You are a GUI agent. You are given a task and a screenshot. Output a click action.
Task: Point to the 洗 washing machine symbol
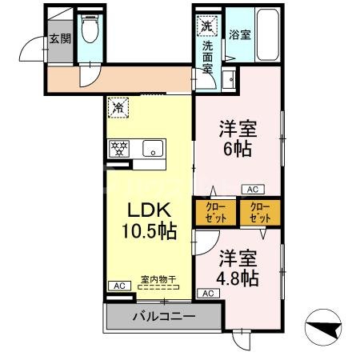[206, 26]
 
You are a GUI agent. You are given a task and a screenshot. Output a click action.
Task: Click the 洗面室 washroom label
[206, 57]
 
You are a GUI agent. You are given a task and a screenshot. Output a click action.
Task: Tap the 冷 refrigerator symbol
[117, 105]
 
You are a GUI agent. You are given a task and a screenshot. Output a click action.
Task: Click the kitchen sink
[153, 148]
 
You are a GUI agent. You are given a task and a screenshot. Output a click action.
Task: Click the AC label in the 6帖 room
[252, 190]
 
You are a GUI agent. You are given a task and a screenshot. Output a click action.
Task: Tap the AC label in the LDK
[118, 286]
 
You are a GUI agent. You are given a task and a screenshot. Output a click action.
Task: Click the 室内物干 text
[158, 279]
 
